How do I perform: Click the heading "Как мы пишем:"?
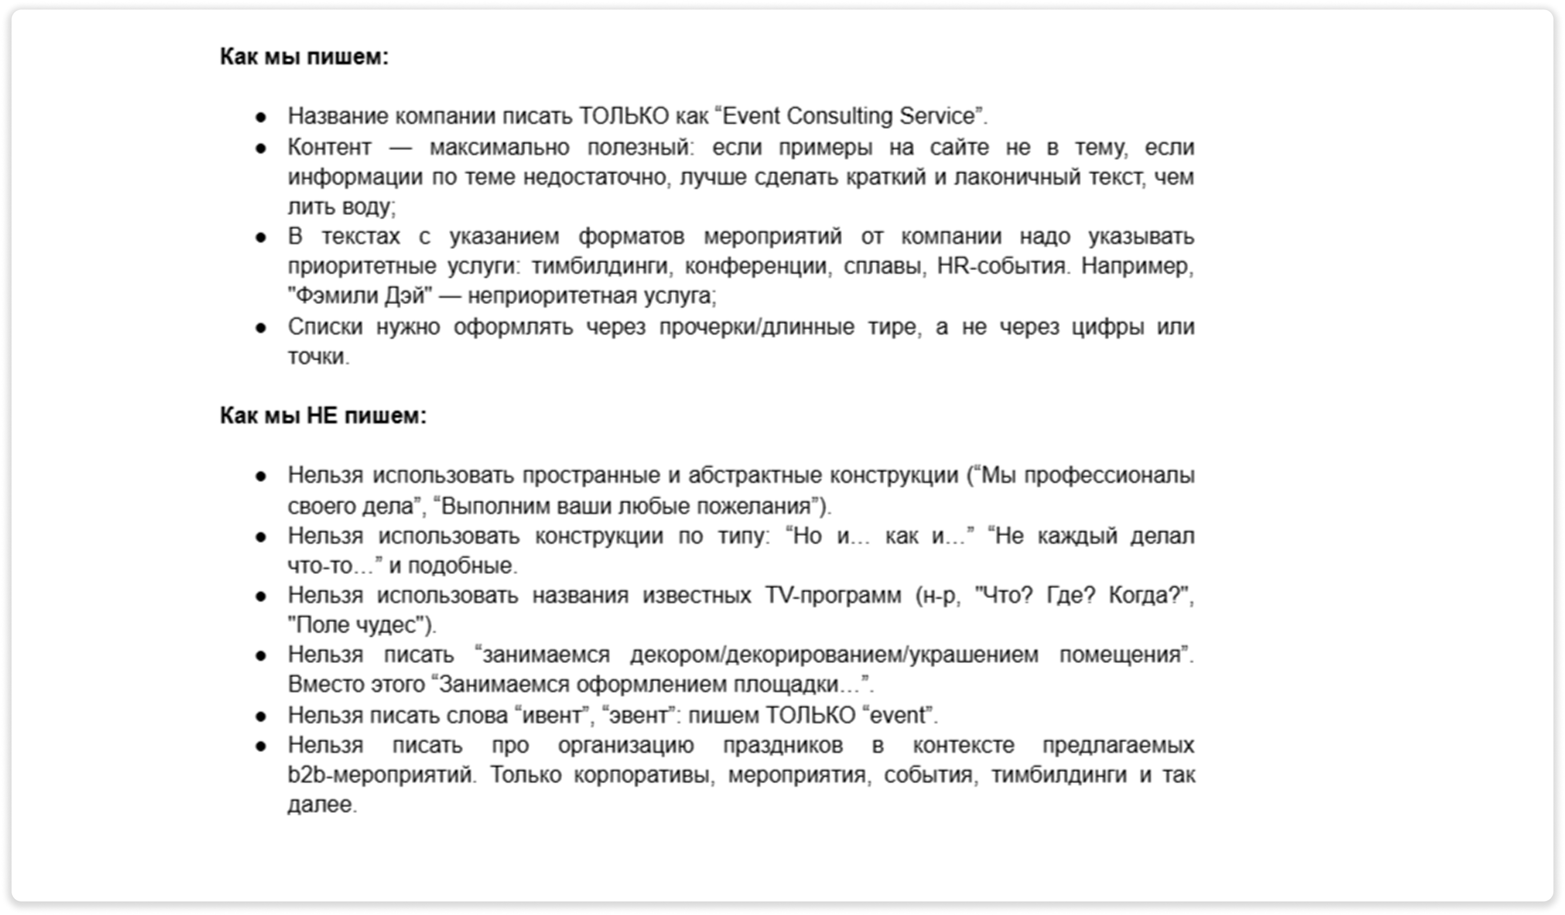(x=304, y=56)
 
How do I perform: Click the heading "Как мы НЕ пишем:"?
(x=323, y=416)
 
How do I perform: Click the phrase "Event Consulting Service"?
(x=849, y=116)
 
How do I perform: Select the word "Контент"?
(x=329, y=147)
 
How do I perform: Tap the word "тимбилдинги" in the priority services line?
(x=601, y=266)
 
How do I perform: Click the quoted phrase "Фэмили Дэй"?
(x=359, y=296)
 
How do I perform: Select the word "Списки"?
(x=325, y=327)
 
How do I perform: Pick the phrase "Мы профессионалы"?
(x=1087, y=475)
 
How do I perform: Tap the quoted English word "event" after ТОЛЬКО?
(x=897, y=715)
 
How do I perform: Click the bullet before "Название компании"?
(x=261, y=117)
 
